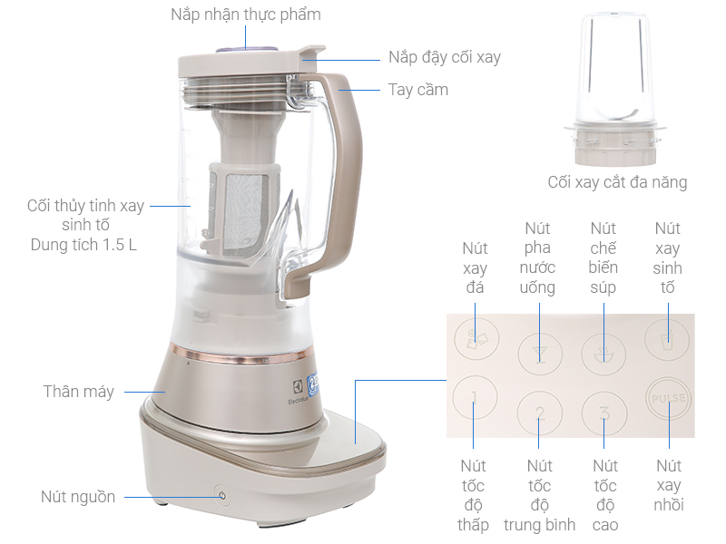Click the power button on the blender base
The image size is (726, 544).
coord(222,495)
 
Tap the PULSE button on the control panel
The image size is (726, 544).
coord(669,398)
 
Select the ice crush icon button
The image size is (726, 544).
coord(476,338)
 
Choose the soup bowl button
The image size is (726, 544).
coord(603,355)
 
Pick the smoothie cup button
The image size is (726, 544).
coord(667,340)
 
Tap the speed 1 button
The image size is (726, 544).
coord(475,397)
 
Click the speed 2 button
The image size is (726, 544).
coord(539,413)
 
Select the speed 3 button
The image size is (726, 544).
coord(603,413)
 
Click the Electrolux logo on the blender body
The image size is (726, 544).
coord(298,391)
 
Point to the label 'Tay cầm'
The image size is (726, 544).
coord(418,89)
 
